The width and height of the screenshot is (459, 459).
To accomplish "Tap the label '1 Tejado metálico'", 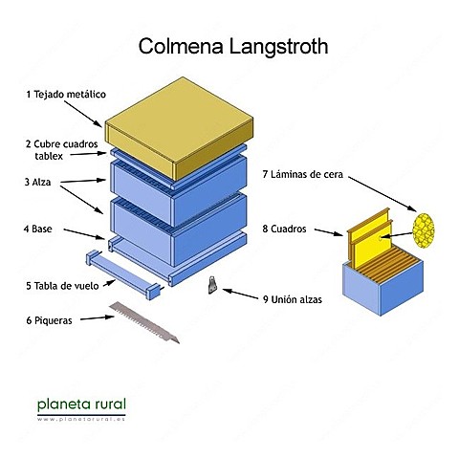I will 64,95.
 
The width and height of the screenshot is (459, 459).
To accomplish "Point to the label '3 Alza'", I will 38,181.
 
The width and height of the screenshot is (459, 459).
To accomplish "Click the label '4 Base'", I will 39,229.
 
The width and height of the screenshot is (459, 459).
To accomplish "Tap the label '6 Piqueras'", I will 49,321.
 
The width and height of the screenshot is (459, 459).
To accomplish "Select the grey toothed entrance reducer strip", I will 143,322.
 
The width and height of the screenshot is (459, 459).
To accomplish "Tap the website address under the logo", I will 80,419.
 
